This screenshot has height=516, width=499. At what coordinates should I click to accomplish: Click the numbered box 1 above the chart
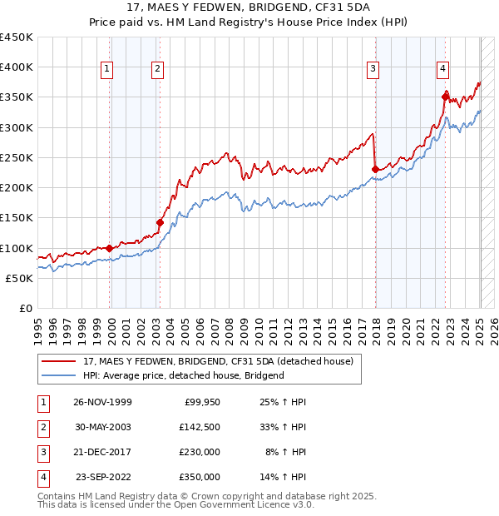107,69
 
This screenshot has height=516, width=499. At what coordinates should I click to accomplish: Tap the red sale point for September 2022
445,97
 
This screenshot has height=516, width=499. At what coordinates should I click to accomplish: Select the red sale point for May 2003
160,222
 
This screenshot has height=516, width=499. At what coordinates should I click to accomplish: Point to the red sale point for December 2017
375,170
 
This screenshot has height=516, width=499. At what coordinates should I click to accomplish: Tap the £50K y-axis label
20,279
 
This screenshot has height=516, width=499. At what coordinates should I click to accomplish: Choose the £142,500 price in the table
200,427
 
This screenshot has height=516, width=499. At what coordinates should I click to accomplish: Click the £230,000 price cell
200,452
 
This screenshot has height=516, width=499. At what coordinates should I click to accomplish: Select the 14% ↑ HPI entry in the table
284,477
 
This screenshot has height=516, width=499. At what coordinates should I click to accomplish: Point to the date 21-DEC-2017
102,452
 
